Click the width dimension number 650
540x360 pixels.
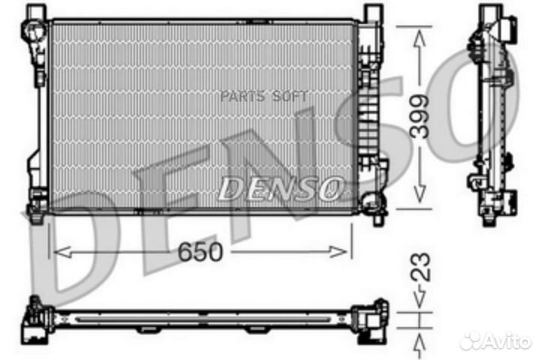pos(200,253)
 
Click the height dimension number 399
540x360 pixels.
pos(421,116)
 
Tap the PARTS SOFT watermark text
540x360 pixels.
pos(263,97)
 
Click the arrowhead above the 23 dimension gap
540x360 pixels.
pos(421,302)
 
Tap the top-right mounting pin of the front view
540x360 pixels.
pos(373,13)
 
